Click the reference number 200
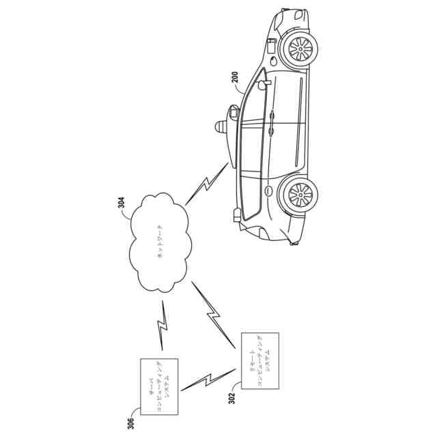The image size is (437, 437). (235, 82)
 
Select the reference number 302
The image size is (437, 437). (231, 397)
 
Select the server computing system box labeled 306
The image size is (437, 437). (159, 386)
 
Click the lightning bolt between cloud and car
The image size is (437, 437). (207, 183)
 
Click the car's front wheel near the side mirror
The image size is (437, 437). (301, 47)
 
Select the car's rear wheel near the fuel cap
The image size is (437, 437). (300, 195)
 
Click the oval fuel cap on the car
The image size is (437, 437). (268, 191)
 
